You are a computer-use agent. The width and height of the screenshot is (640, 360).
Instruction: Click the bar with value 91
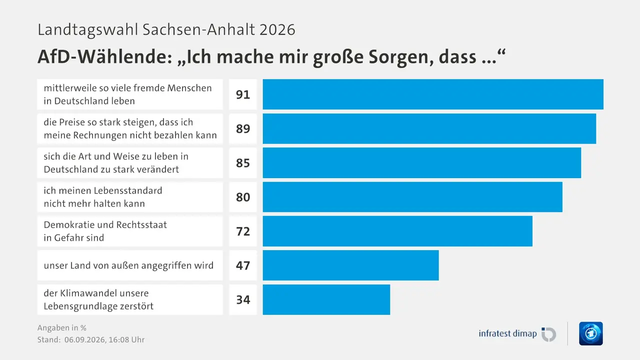coord(433,94)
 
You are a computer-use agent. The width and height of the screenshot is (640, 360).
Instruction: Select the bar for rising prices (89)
coord(429,128)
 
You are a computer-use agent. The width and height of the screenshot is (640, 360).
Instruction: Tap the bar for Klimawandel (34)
coord(326,299)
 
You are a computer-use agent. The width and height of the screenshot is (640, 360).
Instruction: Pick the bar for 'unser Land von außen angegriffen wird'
coord(350,265)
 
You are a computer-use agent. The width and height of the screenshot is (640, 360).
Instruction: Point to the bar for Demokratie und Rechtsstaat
coord(397,231)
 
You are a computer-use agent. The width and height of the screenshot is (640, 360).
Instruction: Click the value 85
coord(243,163)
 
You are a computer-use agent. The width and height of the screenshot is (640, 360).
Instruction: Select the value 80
coord(243,197)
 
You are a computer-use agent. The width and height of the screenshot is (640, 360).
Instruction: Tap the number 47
coord(243,265)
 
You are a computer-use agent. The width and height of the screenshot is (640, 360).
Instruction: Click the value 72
coord(243,231)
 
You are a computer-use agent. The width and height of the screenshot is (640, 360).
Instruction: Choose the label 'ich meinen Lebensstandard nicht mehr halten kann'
coord(103,197)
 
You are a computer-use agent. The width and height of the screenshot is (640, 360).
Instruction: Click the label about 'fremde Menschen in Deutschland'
coord(127,94)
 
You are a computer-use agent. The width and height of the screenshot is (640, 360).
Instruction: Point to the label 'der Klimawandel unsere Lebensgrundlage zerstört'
coord(98,299)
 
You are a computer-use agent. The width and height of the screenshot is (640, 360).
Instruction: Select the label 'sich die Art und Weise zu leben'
coord(116,163)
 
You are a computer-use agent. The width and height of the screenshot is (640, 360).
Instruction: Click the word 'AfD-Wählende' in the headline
coord(105,56)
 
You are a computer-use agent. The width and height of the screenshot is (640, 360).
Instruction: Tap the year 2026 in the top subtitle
coord(277,29)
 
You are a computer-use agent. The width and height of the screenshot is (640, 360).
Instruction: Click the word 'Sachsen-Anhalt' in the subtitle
coord(199,29)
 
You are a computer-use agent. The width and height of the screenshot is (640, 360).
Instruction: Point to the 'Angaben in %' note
coord(61,327)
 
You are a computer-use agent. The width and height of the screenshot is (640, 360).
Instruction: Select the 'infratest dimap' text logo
coord(507,333)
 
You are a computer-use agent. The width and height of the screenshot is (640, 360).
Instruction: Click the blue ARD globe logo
coord(591,333)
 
